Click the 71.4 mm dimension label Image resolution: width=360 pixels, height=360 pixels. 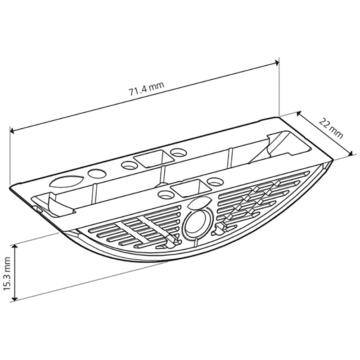pos(147,88)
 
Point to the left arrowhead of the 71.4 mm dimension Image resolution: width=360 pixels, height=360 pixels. pos(13,131)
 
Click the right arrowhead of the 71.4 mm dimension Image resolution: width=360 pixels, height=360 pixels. pos(277,63)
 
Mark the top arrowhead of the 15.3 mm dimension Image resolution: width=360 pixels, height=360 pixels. pos(15,247)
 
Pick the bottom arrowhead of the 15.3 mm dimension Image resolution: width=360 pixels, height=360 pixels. pos(15,297)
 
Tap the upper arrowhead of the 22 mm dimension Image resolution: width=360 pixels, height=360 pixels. pos(299,114)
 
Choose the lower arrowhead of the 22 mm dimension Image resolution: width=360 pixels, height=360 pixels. pos(351,153)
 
